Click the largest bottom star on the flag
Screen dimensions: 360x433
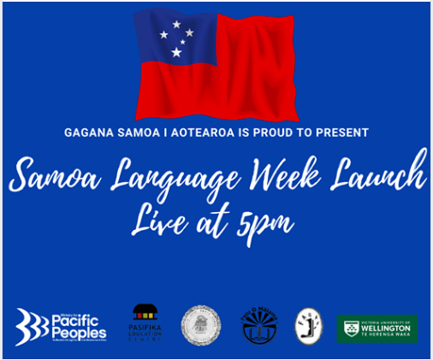[175, 52]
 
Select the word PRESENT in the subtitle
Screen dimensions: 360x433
[343, 133]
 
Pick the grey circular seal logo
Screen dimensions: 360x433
[200, 325]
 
